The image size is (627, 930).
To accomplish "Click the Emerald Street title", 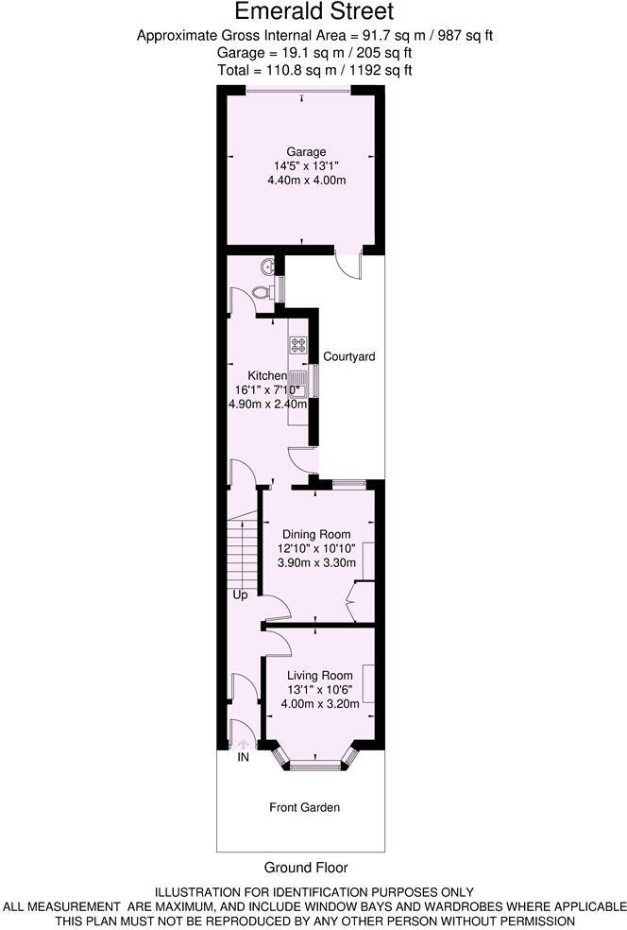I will click(x=313, y=12).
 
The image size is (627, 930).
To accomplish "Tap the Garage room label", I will click(x=306, y=151).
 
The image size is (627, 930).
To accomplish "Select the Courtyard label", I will click(x=349, y=357).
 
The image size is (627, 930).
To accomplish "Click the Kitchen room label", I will click(x=267, y=375).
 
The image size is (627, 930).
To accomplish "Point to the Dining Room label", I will click(x=316, y=534).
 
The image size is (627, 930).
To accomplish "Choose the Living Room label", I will click(x=320, y=675).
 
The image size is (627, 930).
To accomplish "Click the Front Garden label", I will click(x=304, y=807).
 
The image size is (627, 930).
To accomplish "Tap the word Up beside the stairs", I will click(x=242, y=595).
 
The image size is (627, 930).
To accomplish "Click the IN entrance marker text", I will click(x=243, y=757).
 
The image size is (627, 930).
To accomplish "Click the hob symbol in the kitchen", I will click(x=297, y=345).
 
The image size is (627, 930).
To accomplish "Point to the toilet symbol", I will click(x=267, y=267).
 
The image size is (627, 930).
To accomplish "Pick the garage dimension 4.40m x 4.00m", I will click(x=306, y=180).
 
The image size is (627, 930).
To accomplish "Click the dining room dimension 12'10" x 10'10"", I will click(x=316, y=548).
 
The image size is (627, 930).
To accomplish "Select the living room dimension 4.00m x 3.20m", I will click(x=320, y=703).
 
